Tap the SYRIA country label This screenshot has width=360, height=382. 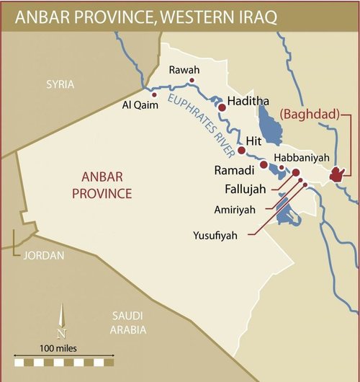click(x=60, y=84)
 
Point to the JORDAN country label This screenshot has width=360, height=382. click(x=42, y=255)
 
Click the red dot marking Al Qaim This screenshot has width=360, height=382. click(x=154, y=94)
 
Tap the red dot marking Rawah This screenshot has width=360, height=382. click(x=192, y=81)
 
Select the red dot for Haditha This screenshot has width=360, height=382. click(x=222, y=107)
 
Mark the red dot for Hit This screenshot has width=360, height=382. click(x=242, y=151)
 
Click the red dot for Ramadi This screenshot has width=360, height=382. click(x=264, y=165)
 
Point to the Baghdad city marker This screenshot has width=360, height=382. click(x=336, y=174)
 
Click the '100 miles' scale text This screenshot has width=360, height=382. click(x=63, y=348)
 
